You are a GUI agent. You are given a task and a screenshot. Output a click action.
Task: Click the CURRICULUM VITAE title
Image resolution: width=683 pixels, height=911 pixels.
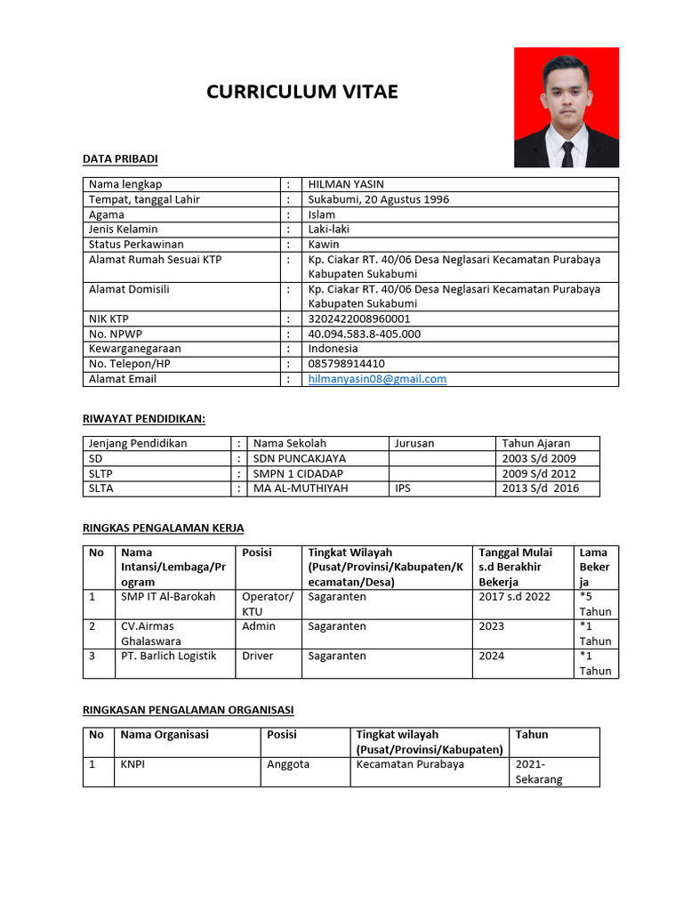302,92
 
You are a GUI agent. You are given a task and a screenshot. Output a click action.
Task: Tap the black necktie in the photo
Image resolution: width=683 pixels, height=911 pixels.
567,153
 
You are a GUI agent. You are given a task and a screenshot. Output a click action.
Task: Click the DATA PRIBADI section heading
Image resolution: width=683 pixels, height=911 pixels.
120,158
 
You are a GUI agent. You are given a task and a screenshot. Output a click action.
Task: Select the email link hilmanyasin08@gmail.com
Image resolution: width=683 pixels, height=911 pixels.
377,379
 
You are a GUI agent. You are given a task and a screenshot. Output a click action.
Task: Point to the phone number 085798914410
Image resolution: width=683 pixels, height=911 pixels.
346,364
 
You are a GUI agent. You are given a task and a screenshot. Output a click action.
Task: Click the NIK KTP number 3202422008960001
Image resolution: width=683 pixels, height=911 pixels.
359,318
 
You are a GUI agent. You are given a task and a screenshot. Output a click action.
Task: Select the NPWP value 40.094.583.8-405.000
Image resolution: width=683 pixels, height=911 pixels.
364,334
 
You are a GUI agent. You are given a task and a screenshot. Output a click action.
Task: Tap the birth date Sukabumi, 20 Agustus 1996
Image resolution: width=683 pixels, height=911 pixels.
378,199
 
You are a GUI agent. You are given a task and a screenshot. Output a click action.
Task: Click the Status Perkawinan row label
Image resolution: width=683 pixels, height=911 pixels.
136,244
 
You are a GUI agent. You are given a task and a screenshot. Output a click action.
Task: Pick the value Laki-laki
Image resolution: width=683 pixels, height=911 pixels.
329,229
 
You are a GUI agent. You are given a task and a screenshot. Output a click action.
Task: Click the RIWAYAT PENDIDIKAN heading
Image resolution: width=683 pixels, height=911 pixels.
144,418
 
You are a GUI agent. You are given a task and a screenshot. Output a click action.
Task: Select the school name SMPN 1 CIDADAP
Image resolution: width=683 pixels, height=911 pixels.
298,473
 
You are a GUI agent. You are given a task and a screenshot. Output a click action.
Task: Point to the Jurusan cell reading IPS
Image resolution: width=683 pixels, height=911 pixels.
402,488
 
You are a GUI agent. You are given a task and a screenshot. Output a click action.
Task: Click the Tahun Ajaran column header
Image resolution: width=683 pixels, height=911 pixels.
536,443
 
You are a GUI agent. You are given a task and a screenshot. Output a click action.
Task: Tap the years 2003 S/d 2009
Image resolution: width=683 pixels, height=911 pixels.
538,458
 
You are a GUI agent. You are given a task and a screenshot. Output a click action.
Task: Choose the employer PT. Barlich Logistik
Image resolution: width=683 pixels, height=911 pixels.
168,656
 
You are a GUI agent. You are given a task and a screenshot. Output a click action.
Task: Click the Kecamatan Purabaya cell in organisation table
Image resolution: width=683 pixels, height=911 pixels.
410,764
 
